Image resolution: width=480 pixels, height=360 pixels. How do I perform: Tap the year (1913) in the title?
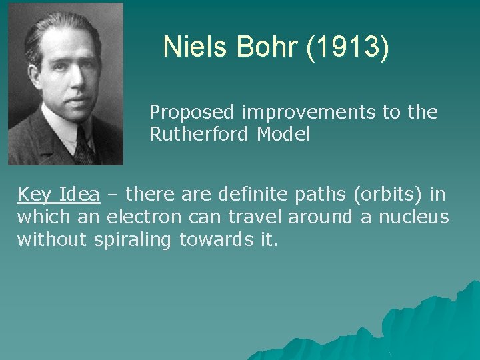tap(347, 48)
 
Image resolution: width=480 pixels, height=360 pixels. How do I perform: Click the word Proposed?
tap(193, 113)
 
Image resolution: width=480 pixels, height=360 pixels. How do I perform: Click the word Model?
tap(286, 135)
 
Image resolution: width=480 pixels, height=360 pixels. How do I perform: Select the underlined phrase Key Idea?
tap(59, 195)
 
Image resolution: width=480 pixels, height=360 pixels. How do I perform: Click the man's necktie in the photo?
tap(83, 145)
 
